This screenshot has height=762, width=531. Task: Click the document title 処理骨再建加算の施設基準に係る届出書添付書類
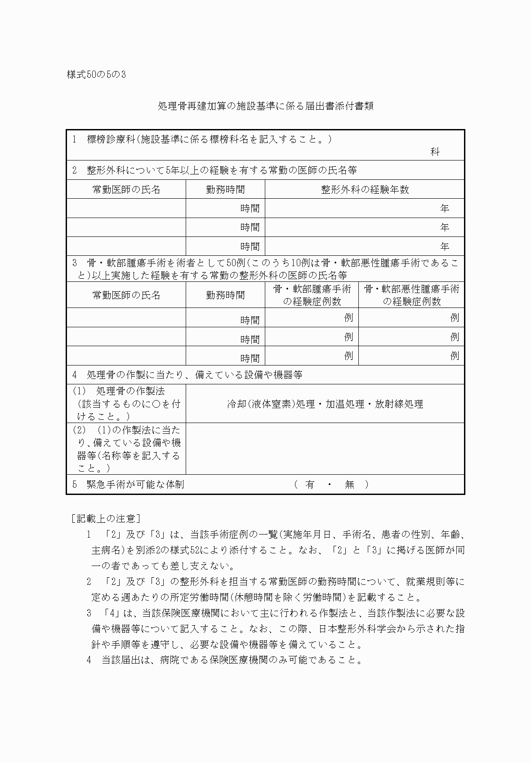tap(265, 106)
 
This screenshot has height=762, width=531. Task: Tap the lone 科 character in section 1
tap(434, 152)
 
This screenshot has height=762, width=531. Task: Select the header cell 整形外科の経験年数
tap(365, 189)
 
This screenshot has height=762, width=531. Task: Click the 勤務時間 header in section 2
tap(225, 189)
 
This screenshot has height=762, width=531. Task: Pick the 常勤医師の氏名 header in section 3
tap(126, 295)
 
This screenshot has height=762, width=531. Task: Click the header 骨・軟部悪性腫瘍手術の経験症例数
tap(411, 295)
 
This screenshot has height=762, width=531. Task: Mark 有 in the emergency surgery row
tap(310, 484)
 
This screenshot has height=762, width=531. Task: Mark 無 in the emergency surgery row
tap(349, 484)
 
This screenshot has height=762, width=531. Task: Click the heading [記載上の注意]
tap(106, 518)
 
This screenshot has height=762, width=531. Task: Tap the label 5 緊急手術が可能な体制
tap(129, 484)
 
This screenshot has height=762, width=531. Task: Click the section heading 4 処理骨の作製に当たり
tap(187, 374)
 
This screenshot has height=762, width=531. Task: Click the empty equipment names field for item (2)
tap(325, 448)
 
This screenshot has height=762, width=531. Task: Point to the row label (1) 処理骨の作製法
tap(126, 403)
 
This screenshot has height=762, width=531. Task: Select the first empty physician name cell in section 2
tap(126, 208)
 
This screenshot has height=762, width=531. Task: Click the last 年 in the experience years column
tap(445, 246)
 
